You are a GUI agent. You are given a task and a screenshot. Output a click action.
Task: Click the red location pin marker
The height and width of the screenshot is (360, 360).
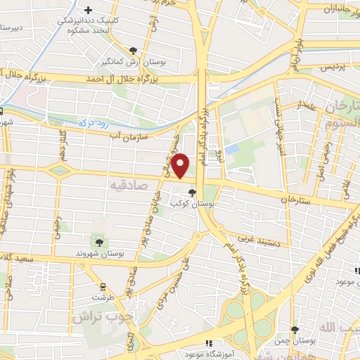pos(181,165)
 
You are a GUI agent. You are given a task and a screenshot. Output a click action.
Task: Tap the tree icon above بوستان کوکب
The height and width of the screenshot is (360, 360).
pos(193,191)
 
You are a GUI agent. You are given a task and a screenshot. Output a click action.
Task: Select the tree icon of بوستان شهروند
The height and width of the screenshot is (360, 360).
pos(97,242)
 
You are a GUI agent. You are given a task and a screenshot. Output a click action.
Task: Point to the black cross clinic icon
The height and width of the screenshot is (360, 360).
pos(88,10)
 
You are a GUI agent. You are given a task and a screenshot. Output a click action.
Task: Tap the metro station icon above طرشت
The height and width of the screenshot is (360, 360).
pos(103,285)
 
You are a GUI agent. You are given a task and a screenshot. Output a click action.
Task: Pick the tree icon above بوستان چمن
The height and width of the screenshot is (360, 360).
pos(295,329)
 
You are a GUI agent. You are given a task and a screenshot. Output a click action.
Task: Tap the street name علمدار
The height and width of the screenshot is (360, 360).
pos(307,106)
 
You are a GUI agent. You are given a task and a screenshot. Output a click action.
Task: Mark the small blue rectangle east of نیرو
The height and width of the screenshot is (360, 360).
pos(232,149)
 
